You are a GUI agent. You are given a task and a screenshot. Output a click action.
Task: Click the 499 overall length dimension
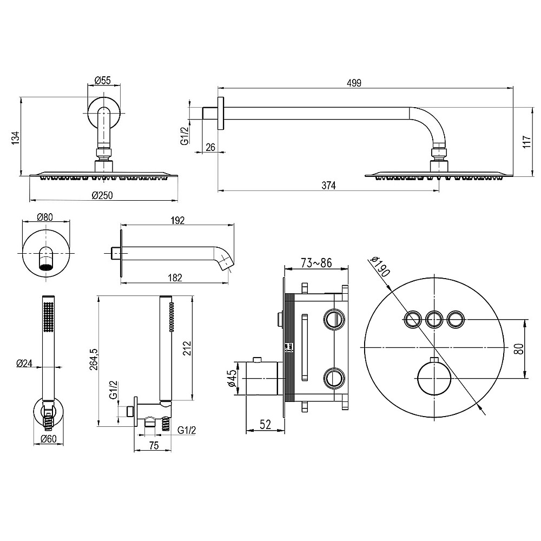coord(354,82)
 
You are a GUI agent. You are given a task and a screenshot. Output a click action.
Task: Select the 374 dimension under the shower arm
coord(328,186)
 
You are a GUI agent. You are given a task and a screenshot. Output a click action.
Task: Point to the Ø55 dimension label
coord(102,81)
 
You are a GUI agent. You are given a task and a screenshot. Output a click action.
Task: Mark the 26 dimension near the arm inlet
coord(210,147)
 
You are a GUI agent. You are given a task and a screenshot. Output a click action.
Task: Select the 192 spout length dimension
coord(177,220)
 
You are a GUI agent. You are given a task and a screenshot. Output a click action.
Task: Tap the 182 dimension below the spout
coord(175,277)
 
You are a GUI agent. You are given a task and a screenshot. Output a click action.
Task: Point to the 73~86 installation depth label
coord(316,263)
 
